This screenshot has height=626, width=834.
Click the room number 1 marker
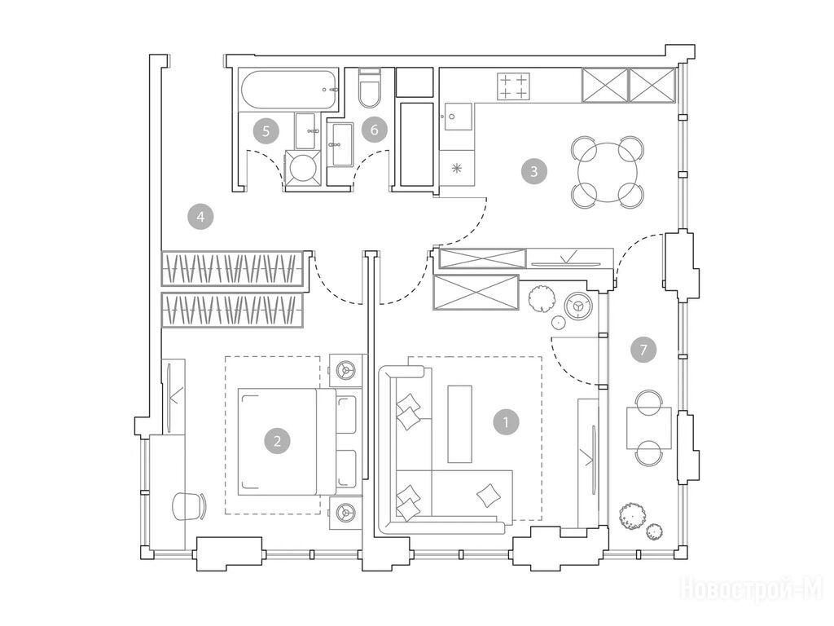[x=506, y=422]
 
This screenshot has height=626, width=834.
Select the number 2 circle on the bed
[x=277, y=441]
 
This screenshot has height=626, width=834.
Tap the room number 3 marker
[x=534, y=171]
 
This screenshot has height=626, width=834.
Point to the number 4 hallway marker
[x=200, y=216]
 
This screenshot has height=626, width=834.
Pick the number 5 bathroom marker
[x=266, y=130]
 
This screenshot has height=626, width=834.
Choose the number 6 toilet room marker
[x=375, y=130]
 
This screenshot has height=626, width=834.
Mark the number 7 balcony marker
[x=643, y=350]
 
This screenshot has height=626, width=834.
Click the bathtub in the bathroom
[x=289, y=90]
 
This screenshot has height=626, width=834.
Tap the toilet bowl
[x=369, y=88]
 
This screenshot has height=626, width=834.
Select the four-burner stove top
[x=514, y=86]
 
